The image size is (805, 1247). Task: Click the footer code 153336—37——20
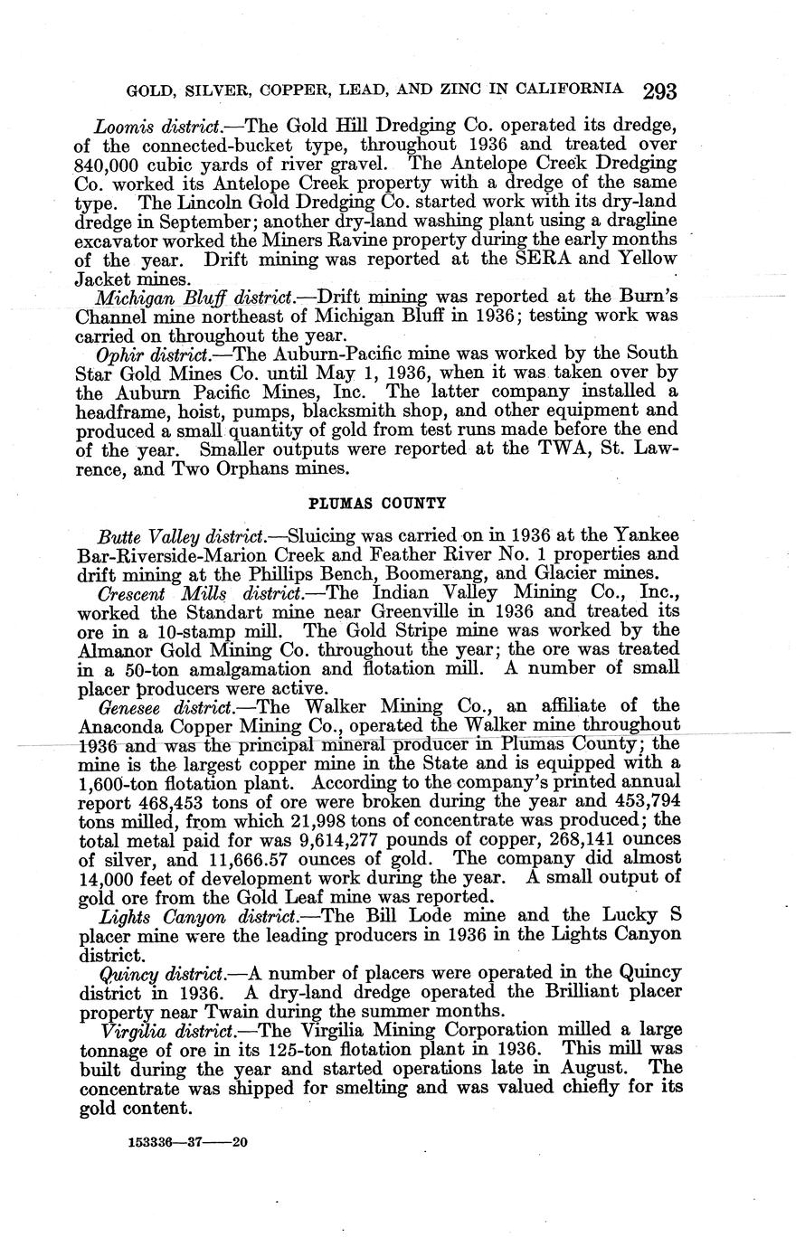tap(182, 1142)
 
